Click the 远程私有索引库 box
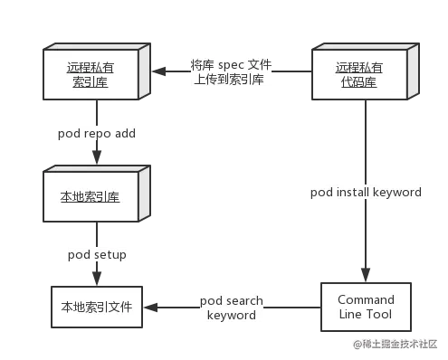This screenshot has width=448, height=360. click(x=92, y=74)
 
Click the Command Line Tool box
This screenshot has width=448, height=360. click(x=366, y=308)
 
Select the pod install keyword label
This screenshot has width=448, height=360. click(x=366, y=193)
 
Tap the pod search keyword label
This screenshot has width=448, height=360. click(x=231, y=308)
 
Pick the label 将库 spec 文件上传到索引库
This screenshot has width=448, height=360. click(x=232, y=71)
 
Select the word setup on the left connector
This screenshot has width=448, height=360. click(x=109, y=255)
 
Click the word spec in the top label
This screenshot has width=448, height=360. click(x=233, y=64)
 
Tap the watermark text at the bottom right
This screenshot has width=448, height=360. click(x=396, y=343)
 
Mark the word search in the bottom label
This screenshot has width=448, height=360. click(x=244, y=300)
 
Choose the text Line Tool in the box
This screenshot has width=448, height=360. click(x=366, y=315)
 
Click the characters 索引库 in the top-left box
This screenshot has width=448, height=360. click(x=92, y=81)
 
